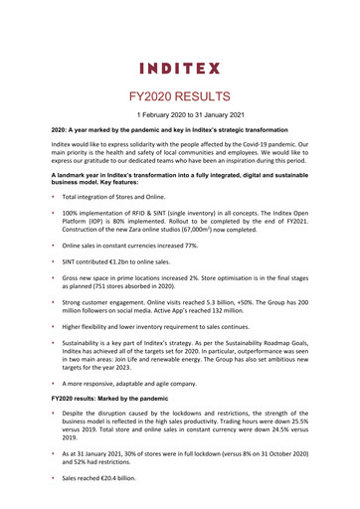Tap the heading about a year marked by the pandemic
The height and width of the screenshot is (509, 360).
coord(164,130)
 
